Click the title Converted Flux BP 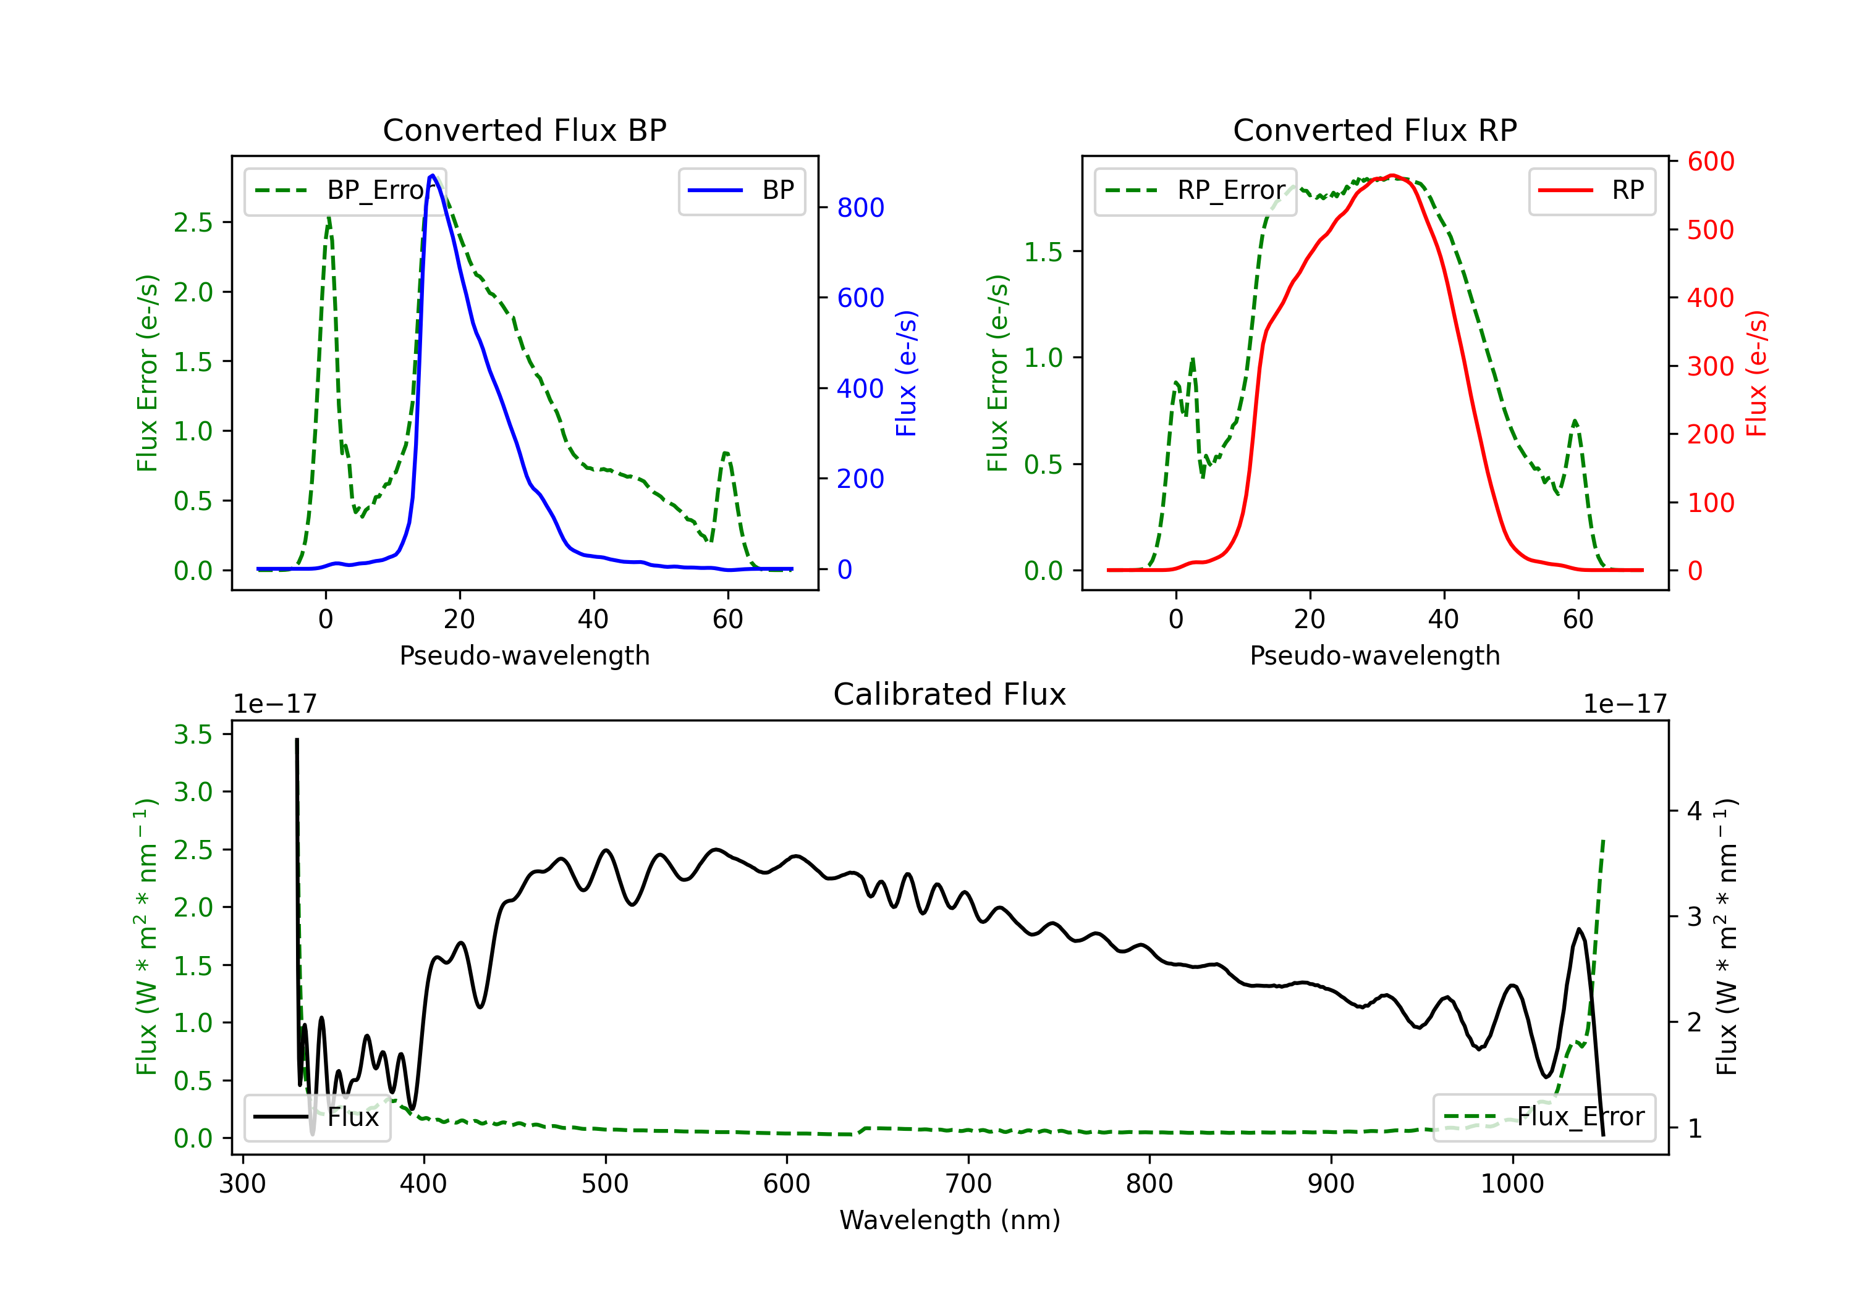click(524, 130)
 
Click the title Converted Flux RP click(1374, 130)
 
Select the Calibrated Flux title click(950, 694)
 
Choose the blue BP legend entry click(741, 190)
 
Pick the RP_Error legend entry click(1195, 190)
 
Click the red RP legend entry click(1591, 190)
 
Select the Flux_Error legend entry click(1544, 1117)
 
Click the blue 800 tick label click(860, 208)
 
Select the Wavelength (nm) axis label click(950, 1220)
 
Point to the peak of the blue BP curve click(433, 175)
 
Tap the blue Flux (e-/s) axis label click(906, 373)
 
